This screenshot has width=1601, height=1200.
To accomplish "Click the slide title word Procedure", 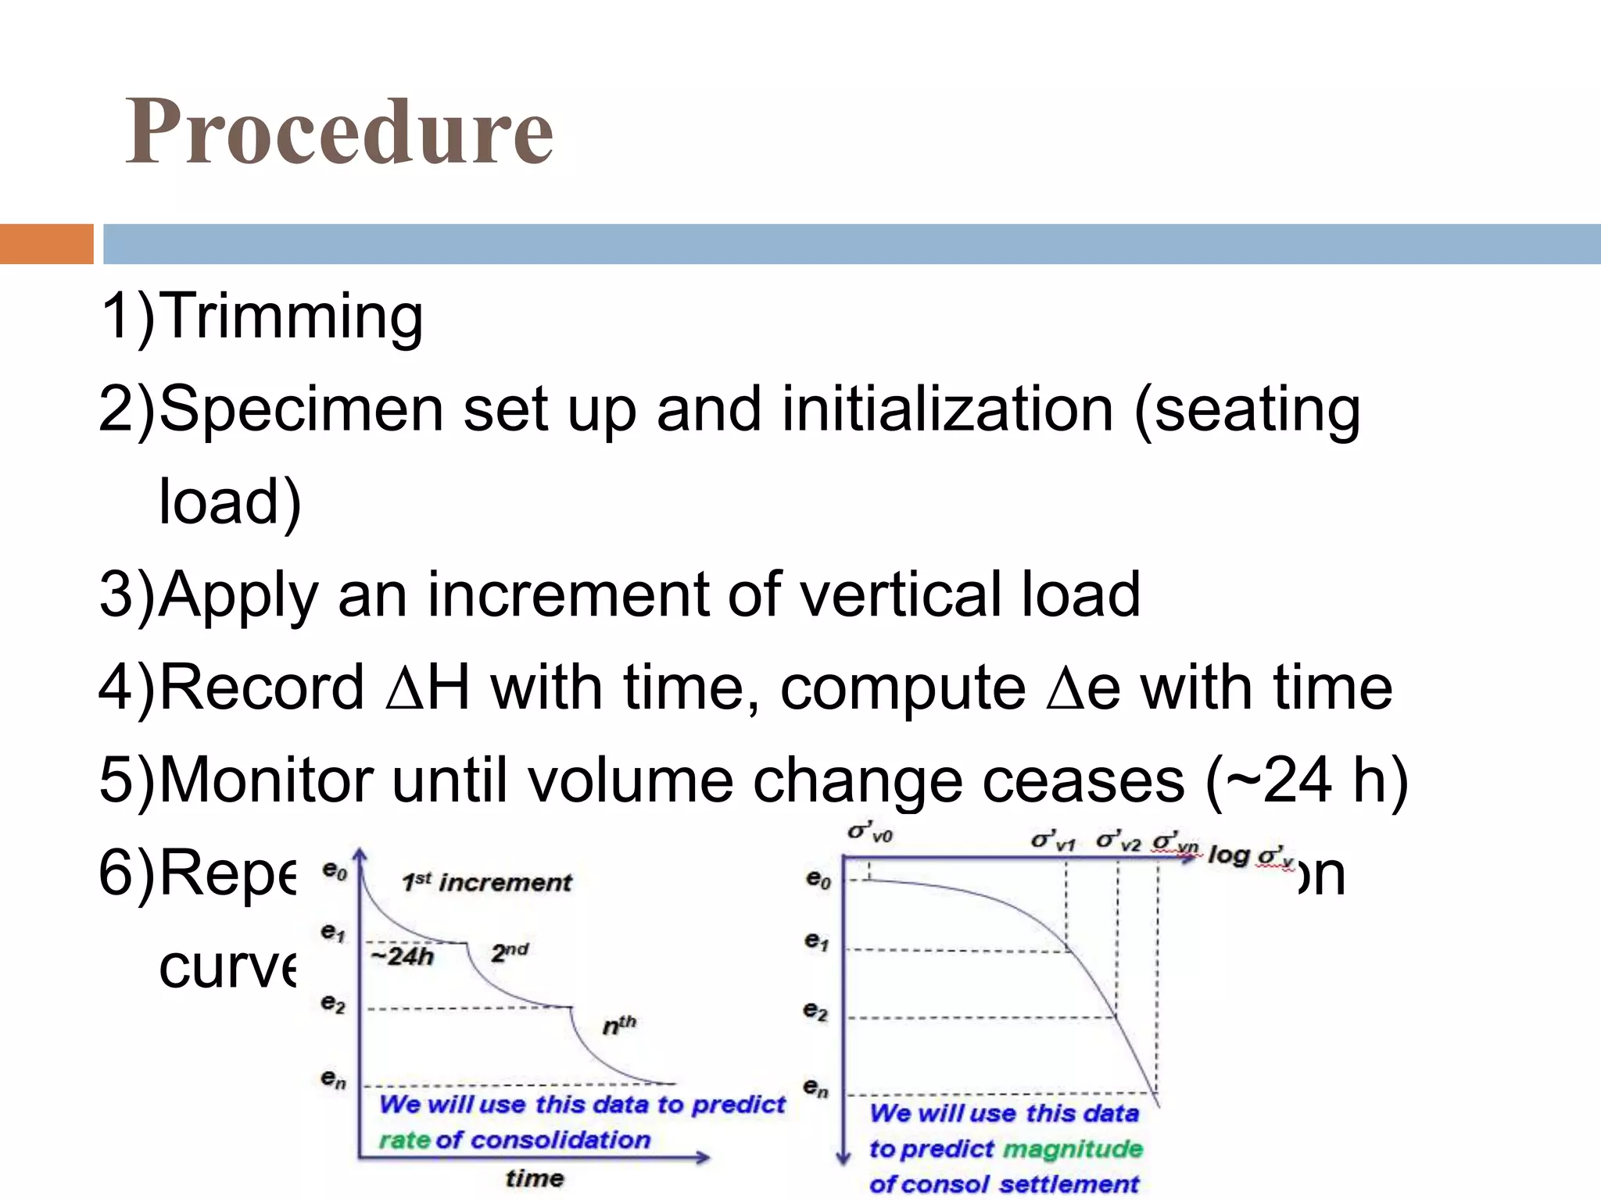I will click(339, 131).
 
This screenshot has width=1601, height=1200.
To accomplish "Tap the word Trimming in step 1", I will click(294, 316).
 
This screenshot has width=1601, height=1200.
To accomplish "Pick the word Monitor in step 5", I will click(267, 780).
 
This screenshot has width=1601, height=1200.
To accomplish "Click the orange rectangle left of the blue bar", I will click(46, 244).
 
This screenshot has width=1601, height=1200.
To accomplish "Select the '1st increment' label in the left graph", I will click(487, 883).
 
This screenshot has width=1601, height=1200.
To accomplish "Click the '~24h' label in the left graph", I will click(402, 956).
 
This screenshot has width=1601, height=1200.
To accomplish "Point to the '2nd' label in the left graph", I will click(510, 952).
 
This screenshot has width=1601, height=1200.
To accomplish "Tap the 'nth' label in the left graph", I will click(619, 1025).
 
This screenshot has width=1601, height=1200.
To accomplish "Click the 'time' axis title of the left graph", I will click(534, 1178).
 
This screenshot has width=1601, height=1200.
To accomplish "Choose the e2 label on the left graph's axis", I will click(333, 1003).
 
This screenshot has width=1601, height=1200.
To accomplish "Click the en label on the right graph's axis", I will click(815, 1087).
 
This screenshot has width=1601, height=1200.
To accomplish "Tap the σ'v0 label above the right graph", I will click(870, 833).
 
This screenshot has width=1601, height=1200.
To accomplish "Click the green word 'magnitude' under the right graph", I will click(1073, 1149).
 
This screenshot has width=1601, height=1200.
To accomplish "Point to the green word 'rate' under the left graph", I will click(404, 1141).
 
